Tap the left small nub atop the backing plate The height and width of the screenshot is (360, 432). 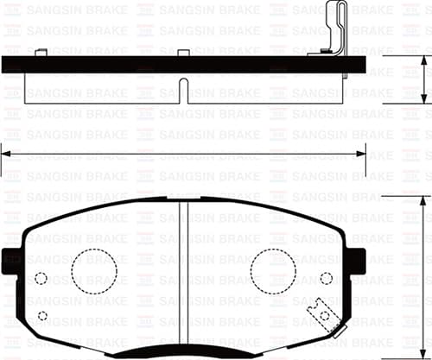(x=41, y=54)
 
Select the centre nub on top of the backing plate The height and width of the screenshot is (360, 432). (x=183, y=54)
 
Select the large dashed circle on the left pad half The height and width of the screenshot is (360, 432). (x=93, y=272)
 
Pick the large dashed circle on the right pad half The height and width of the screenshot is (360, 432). (x=272, y=272)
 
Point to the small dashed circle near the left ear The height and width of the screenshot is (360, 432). (x=41, y=278)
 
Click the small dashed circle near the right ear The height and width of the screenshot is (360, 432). (x=326, y=278)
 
